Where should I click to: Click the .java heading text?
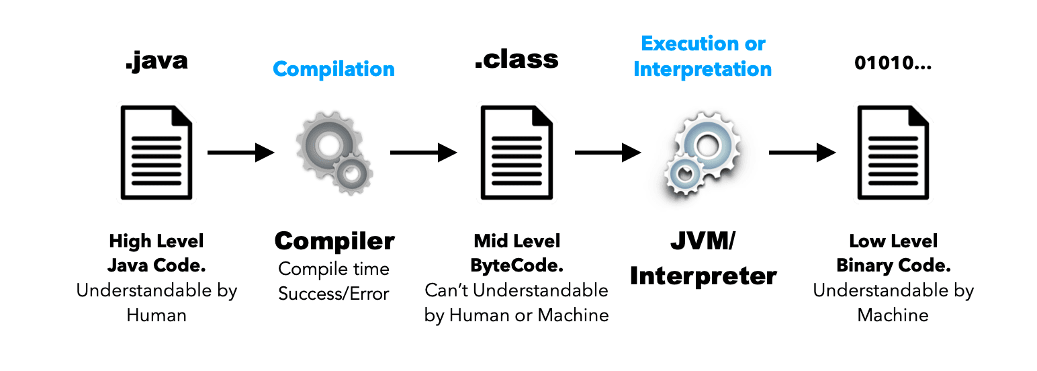tap(156, 61)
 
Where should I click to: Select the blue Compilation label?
tap(334, 69)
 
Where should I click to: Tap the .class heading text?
tap(516, 60)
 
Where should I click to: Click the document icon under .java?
tap(156, 152)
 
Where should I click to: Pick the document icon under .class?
tap(516, 152)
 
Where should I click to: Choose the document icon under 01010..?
tap(893, 152)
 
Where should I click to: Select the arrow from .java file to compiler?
tap(241, 153)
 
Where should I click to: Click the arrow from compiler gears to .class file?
tap(424, 153)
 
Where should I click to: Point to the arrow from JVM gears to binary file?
tap(802, 153)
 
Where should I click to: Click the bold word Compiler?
tap(334, 241)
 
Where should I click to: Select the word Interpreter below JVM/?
tap(703, 276)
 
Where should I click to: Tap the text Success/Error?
tap(334, 294)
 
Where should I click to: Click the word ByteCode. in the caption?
tap(516, 265)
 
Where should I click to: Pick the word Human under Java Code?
tap(156, 315)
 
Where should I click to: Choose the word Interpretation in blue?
tap(703, 69)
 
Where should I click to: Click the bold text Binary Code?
tap(893, 265)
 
